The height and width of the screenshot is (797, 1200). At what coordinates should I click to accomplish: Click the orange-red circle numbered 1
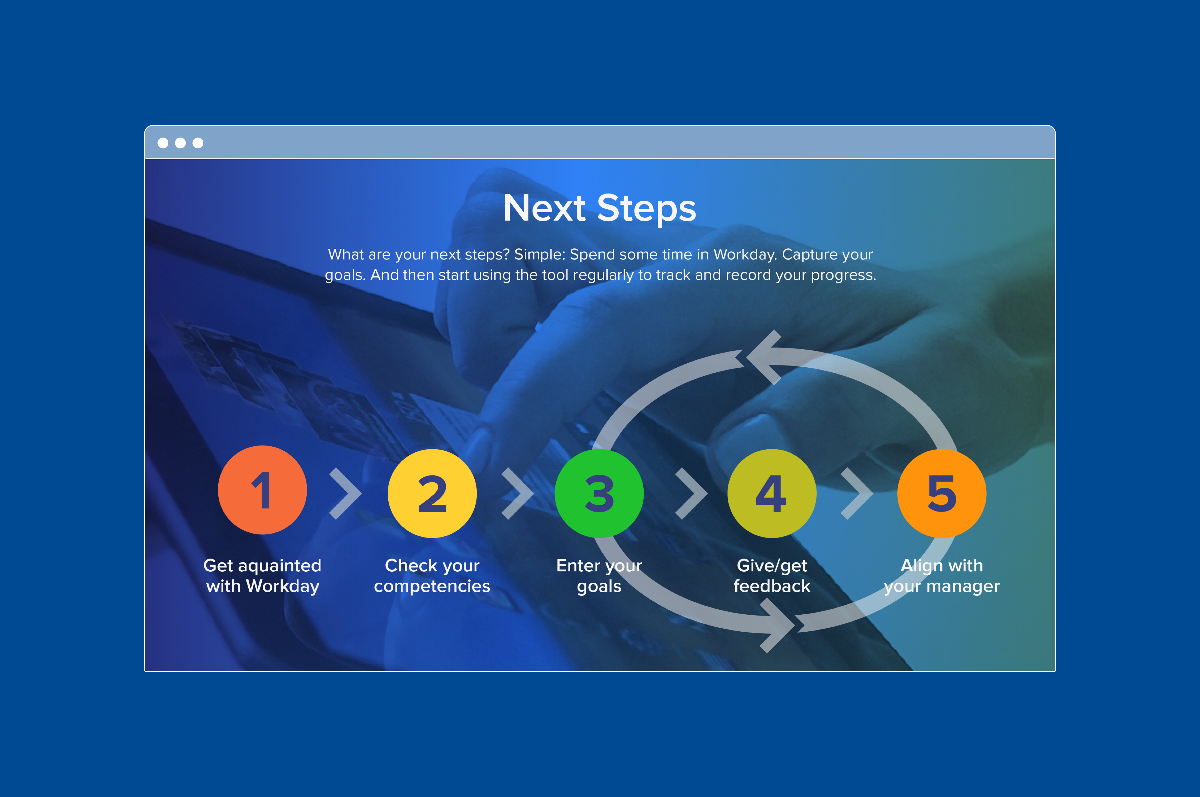click(262, 490)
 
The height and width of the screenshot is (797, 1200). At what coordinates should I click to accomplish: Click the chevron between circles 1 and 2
click(346, 494)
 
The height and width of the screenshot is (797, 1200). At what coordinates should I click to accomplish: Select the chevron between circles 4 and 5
click(857, 494)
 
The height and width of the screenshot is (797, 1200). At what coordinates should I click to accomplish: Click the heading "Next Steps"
click(599, 208)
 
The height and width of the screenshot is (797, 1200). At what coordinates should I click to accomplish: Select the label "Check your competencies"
click(432, 576)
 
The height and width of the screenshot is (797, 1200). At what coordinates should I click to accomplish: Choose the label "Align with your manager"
click(942, 576)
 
